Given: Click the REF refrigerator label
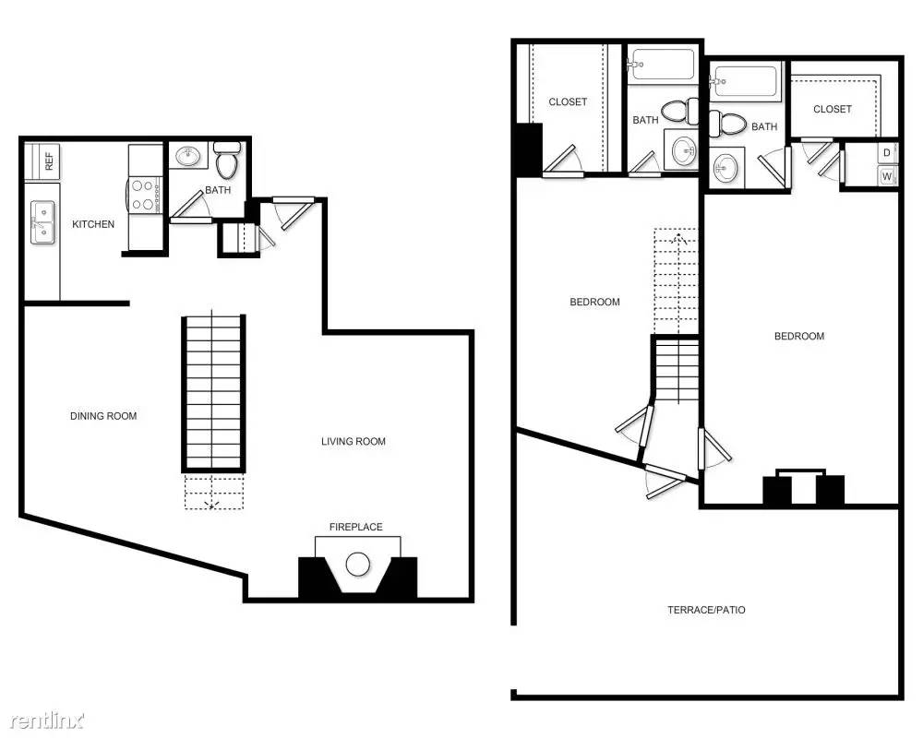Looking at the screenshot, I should pyautogui.click(x=48, y=159).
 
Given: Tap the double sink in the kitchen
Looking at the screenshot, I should pyautogui.click(x=42, y=223).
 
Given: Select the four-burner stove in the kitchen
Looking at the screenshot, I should pyautogui.click(x=143, y=195).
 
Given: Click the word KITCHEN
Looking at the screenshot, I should pyautogui.click(x=93, y=224).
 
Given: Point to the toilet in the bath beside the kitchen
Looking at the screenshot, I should pyautogui.click(x=227, y=163).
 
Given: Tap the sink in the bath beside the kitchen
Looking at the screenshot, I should pyautogui.click(x=188, y=156).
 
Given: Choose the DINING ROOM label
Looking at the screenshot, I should pyautogui.click(x=103, y=416).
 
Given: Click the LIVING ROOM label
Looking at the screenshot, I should pyautogui.click(x=354, y=442).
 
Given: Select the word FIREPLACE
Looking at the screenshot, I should pyautogui.click(x=356, y=527).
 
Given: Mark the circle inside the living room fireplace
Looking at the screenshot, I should pyautogui.click(x=357, y=564).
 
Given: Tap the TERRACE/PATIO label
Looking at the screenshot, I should pyautogui.click(x=706, y=610).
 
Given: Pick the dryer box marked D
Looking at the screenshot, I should pyautogui.click(x=887, y=152).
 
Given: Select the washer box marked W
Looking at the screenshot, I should pyautogui.click(x=887, y=175).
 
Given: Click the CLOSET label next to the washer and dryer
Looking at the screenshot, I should pyautogui.click(x=833, y=109).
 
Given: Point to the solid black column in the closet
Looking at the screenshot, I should pyautogui.click(x=528, y=149).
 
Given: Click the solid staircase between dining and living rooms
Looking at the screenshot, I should pyautogui.click(x=214, y=392).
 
